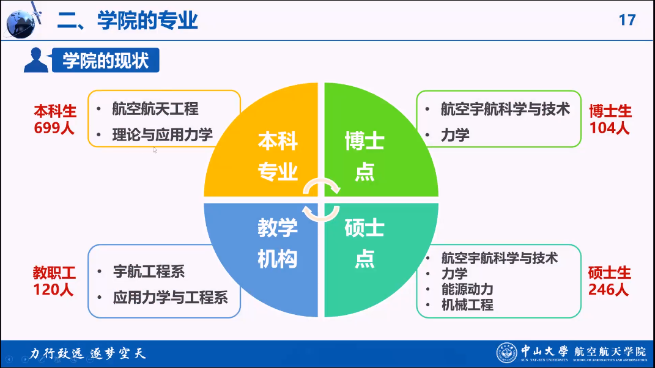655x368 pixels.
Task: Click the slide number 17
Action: pos(627,20)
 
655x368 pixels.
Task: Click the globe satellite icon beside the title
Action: pos(23,21)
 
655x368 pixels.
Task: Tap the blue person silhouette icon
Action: pos(36,60)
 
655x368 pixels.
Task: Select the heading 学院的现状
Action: pos(106,61)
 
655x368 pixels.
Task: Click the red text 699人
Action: pos(54,128)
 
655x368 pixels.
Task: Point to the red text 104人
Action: pos(610,128)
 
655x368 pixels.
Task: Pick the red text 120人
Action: pos(53,290)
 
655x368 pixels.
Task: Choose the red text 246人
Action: pos(609,290)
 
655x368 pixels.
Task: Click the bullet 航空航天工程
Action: pos(155,109)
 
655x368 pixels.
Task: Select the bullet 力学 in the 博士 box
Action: pos(455,135)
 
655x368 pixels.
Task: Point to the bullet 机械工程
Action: pos(467,305)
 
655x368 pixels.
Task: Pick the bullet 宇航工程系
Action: pos(149,272)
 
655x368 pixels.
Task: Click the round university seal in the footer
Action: pos(507,353)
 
